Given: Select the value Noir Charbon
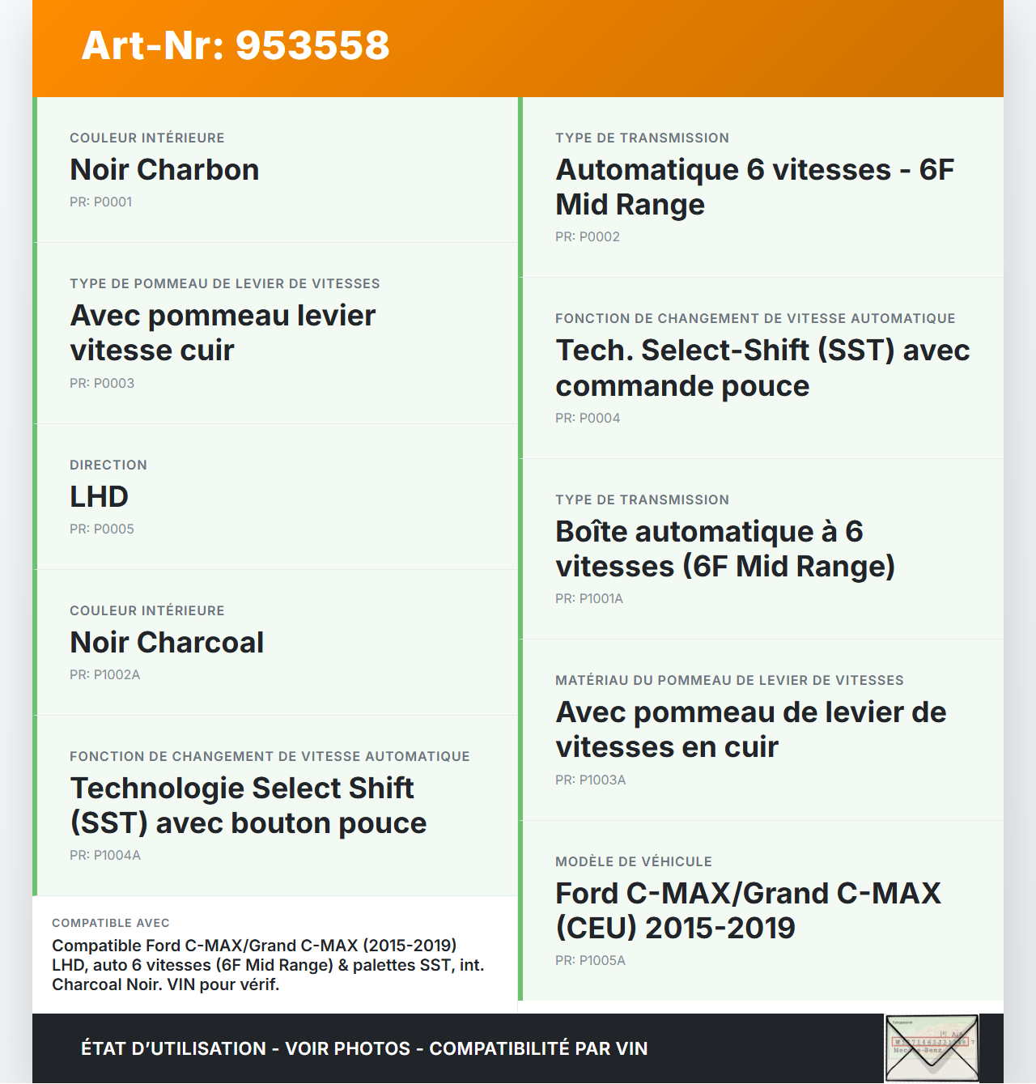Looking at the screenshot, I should click(x=164, y=170).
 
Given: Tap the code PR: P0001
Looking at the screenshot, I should click(x=100, y=202).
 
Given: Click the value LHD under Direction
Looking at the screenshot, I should click(x=99, y=497).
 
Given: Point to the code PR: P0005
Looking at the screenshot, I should click(x=102, y=529).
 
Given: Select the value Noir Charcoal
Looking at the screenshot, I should click(x=167, y=643).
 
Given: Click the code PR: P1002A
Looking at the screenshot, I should click(x=104, y=675).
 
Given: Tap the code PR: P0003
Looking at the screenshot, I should click(x=102, y=384).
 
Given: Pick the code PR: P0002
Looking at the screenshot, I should click(x=588, y=237).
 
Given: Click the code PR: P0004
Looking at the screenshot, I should click(x=588, y=419).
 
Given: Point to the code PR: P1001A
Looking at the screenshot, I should click(x=589, y=599).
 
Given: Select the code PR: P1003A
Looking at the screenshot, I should click(x=591, y=780).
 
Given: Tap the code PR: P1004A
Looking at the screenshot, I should click(x=105, y=856).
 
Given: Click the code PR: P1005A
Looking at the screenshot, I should click(x=590, y=961).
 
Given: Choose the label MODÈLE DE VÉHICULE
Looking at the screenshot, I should click(x=634, y=862).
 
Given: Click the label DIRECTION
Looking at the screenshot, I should click(x=108, y=465).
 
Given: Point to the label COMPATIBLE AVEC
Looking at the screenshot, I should click(x=111, y=923).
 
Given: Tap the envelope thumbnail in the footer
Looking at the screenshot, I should click(x=931, y=1048).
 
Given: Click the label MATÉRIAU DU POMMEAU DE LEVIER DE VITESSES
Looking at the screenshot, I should click(x=729, y=681).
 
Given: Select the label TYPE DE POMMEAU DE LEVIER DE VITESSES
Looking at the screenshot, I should click(x=225, y=284).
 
